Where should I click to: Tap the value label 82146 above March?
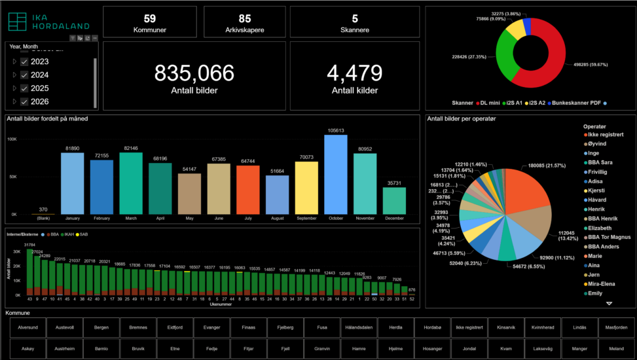tap(131, 149)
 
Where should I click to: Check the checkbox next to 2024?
tap(24, 75)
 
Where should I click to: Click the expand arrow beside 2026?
tap(14, 101)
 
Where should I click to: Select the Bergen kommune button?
tap(101, 327)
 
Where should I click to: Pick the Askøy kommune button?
tap(27, 349)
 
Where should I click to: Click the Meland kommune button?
tap(616, 349)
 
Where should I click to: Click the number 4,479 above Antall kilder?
tap(354, 73)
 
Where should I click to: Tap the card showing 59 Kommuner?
tap(149, 22)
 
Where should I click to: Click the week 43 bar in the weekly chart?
tap(29, 272)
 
